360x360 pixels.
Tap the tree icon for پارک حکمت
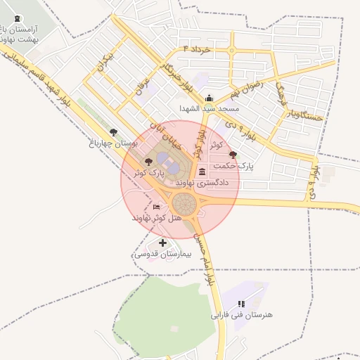pos(233,155)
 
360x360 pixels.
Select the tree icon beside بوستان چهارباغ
pos(114,131)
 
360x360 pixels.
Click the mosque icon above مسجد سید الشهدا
pos(209,98)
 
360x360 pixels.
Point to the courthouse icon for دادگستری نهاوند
pos(202,172)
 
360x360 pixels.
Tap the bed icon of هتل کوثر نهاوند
pos(156,207)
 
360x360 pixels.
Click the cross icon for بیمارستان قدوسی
pos(163,243)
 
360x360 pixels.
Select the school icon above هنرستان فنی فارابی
pos(240,304)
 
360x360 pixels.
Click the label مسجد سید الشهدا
pos(209,109)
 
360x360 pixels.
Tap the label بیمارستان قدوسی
pos(163,253)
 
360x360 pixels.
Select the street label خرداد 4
pos(197,51)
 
